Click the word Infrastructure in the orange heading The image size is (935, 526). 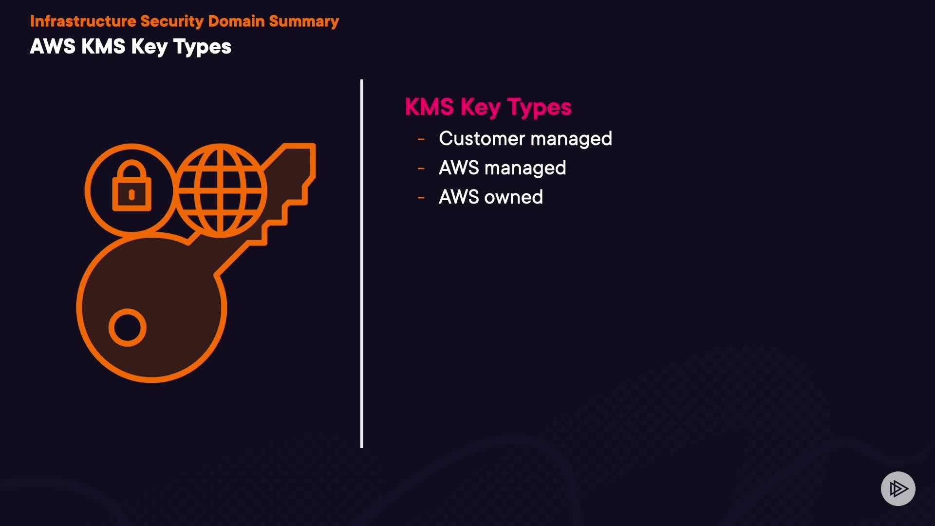(83, 21)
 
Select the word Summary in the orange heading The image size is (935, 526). (304, 21)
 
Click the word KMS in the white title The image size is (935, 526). (103, 47)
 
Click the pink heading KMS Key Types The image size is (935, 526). (488, 107)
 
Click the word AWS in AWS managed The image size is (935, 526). (459, 168)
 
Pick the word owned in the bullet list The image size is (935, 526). (514, 197)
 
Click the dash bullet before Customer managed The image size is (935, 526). (421, 139)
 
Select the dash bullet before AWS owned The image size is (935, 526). (421, 198)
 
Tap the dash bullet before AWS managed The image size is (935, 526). (421, 169)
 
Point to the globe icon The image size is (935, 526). (221, 190)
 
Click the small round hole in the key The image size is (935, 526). (128, 327)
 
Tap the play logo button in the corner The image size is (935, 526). (898, 488)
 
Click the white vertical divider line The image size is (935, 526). (362, 263)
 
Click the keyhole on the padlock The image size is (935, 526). (131, 195)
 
